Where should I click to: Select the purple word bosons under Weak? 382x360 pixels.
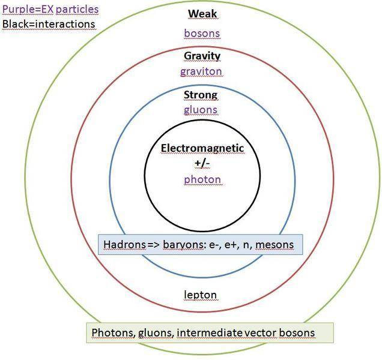point(202,33)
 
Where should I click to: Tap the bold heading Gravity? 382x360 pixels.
point(202,56)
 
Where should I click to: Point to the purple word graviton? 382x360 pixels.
point(201,71)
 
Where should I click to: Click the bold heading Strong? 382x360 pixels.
point(201,95)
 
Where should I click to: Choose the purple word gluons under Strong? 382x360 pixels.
point(201,110)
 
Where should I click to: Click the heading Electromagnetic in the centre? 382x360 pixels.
point(203,148)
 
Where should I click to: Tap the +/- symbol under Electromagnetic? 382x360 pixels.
point(203,163)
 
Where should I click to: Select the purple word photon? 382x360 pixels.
point(203,179)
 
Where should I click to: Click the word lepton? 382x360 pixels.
point(201,295)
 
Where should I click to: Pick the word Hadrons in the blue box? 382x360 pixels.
point(124,245)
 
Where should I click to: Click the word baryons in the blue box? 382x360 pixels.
point(180,245)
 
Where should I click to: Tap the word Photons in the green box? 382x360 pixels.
point(111,332)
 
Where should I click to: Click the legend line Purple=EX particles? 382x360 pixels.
point(50,10)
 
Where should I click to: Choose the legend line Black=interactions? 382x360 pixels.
point(49,24)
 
